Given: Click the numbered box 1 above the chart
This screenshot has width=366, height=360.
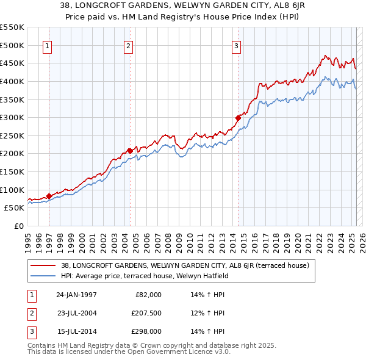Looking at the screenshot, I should pos(48,46).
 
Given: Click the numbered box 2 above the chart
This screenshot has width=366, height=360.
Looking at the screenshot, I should pos(129,46).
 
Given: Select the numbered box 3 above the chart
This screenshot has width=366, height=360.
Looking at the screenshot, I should pos(236,46).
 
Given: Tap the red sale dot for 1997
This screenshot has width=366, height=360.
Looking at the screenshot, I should pos(49,196).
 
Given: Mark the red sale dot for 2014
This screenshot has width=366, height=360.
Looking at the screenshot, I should pos(238,118).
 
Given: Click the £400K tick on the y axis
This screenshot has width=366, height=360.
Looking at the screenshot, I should pos(12,81).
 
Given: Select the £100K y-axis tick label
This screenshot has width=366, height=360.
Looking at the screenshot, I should pos(12,190).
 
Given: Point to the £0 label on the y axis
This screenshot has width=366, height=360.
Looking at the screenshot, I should pos(18,226).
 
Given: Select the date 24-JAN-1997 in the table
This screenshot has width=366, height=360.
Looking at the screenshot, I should pos(76,294).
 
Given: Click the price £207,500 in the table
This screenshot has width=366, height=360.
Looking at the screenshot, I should pos(146,313).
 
